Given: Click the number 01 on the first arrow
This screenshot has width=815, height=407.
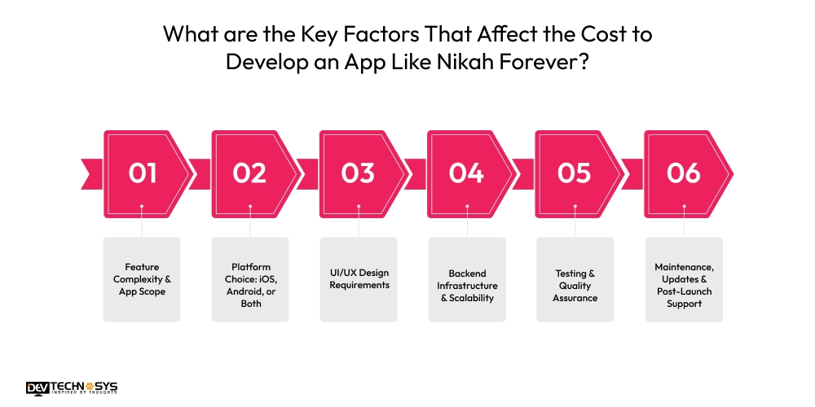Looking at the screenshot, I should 142,173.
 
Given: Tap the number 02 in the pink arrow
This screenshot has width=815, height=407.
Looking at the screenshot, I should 249,173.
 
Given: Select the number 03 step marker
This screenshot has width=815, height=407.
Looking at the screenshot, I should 358,173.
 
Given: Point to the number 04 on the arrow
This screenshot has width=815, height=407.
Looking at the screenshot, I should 466,173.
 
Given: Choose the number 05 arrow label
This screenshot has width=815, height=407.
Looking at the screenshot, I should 574,173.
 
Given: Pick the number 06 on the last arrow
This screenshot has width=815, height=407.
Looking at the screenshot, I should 683,173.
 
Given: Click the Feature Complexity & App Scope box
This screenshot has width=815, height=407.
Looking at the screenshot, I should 142,278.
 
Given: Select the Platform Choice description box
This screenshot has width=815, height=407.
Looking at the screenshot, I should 250,278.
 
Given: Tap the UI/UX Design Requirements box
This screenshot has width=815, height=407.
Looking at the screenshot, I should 358,278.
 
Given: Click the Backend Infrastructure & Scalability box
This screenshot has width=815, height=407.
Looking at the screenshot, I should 466,278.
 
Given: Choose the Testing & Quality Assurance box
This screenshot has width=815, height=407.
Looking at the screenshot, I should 575,278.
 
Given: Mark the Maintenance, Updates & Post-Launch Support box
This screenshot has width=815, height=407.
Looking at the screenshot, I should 683,278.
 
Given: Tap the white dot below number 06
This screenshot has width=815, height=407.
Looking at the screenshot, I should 683,207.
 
